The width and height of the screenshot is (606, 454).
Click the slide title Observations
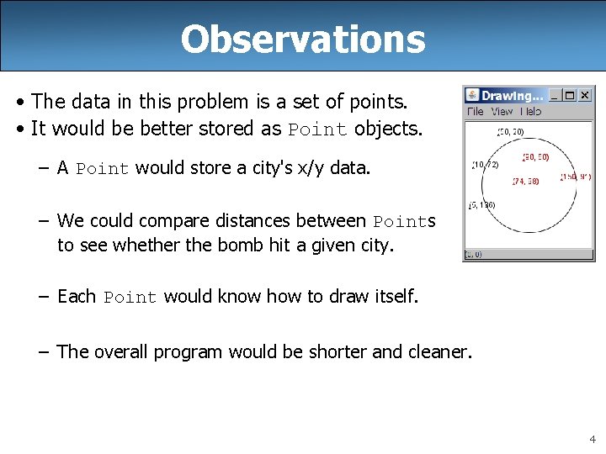pos(302,39)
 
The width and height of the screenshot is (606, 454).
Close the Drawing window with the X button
pos(585,96)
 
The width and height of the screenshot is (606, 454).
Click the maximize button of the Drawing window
pos(570,96)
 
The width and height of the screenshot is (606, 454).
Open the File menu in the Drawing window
pos(475,112)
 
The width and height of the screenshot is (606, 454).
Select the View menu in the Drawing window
pos(502,112)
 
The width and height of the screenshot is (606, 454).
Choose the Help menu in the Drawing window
pos(530,112)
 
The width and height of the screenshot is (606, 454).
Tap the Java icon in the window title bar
pos(472,96)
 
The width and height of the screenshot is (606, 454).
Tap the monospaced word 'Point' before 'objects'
pos(317,129)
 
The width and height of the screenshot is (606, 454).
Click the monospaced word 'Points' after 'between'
pos(404,222)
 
